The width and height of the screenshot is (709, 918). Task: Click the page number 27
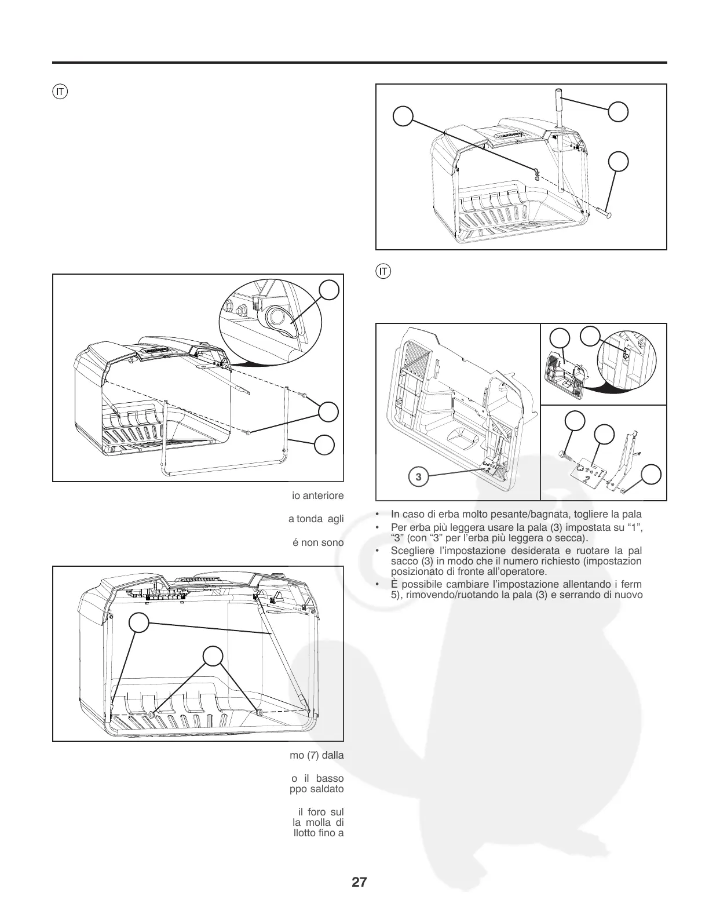pos(359,883)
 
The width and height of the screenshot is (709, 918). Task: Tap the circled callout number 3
pos(419,477)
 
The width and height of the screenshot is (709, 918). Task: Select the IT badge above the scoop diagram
pos(383,271)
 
